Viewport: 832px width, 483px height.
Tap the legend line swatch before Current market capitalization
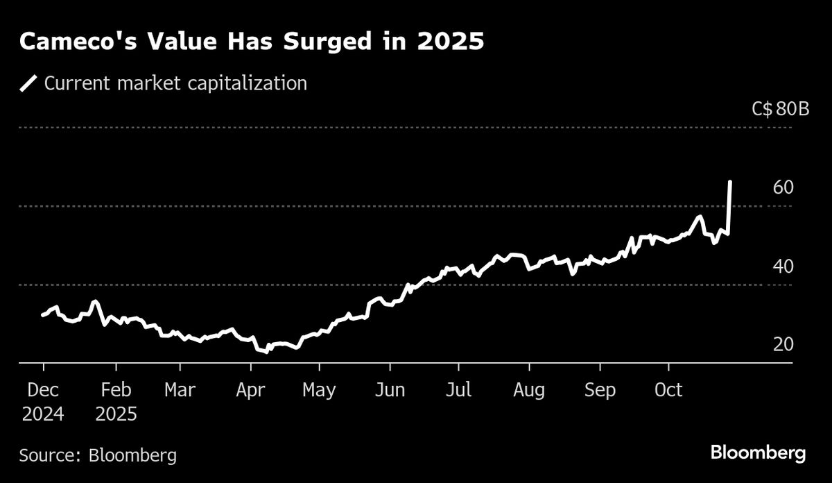pos(28,84)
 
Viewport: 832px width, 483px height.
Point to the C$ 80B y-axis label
pos(780,109)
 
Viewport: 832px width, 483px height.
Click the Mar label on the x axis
pos(180,390)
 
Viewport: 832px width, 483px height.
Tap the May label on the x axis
pos(319,390)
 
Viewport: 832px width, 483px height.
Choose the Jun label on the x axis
pos(390,390)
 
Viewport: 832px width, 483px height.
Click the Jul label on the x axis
pos(458,390)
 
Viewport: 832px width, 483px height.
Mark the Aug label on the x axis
pos(529,390)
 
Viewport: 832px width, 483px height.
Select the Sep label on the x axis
pos(600,390)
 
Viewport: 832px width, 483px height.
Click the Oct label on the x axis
pos(669,390)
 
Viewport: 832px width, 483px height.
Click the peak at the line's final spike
pos(730,182)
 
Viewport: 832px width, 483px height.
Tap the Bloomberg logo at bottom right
pos(758,454)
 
